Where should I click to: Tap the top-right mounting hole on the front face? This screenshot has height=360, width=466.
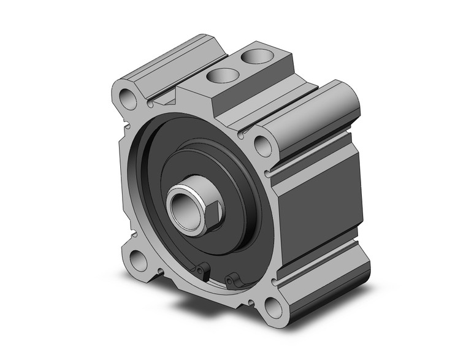tap(262, 145)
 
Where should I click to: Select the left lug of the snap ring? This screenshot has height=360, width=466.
tap(202, 269)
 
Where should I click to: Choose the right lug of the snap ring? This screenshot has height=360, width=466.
tap(231, 280)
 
